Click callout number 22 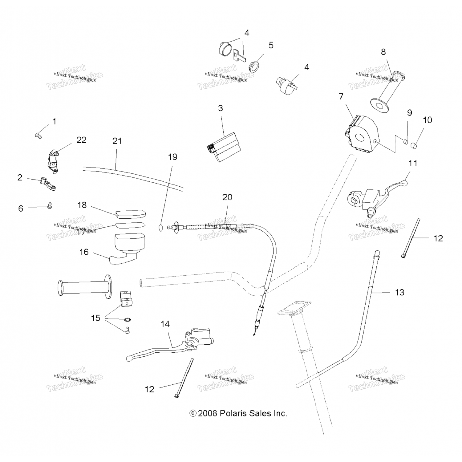pyautogui.click(x=81, y=140)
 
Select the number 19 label pyautogui.click(x=173, y=157)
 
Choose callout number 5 pyautogui.click(x=271, y=45)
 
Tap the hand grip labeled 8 pyautogui.click(x=388, y=92)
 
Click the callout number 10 pyautogui.click(x=428, y=120)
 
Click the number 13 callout pyautogui.click(x=399, y=292)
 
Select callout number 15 pyautogui.click(x=96, y=318)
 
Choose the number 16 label pyautogui.click(x=84, y=252)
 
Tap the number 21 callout pyautogui.click(x=117, y=141)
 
